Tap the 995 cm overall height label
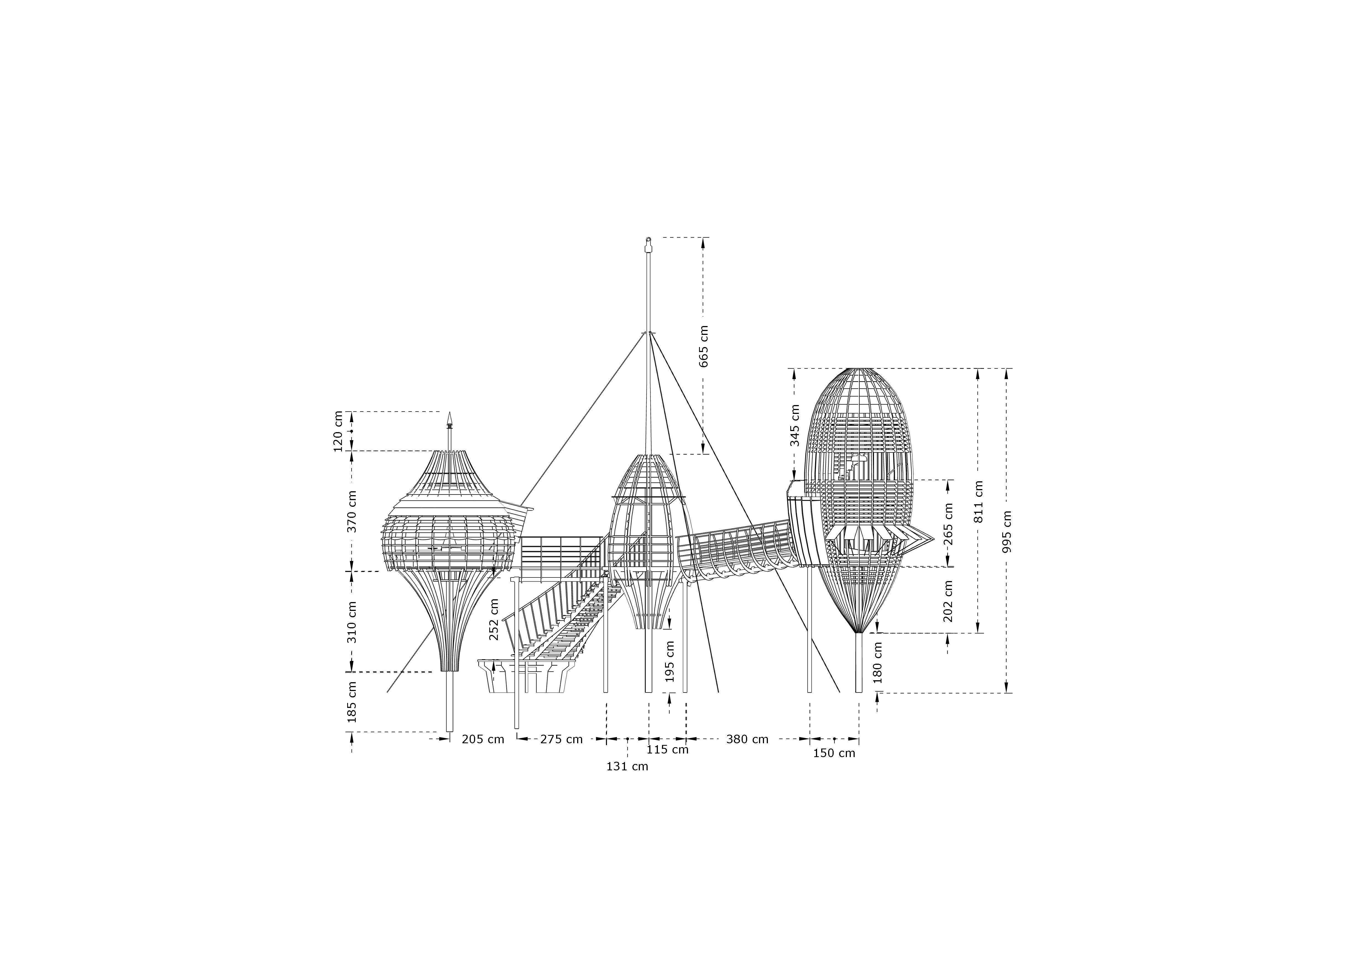(x=1007, y=531)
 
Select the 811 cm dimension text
(x=978, y=501)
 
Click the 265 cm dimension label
(x=948, y=524)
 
